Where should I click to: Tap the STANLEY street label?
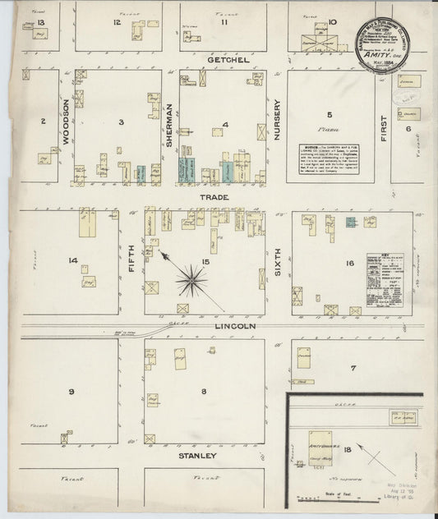pos(201,454)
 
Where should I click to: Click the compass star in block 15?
pos(192,281)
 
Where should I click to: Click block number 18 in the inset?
pos(348,448)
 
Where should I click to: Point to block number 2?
pos(43,122)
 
